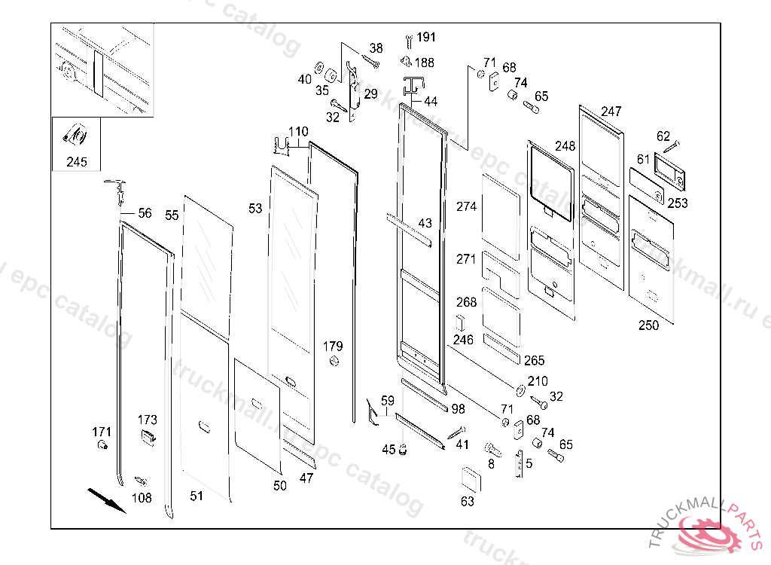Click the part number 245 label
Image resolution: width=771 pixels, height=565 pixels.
coord(76,162)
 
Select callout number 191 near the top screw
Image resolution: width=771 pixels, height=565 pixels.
coord(426,37)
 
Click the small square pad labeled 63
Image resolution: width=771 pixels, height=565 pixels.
coord(470,478)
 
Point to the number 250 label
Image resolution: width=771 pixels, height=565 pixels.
coord(648,325)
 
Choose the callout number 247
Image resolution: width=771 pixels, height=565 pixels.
coord(611,111)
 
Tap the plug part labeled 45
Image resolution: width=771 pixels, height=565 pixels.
coord(403,450)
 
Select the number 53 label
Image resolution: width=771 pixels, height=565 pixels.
coord(255,208)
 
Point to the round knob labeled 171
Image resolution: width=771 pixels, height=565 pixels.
coord(100,447)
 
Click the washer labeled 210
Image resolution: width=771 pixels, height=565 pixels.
coord(520,389)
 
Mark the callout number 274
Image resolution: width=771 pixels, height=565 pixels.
coord(467,206)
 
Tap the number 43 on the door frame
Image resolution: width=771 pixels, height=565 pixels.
coord(425,224)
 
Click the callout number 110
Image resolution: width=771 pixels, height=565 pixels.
coord(298,132)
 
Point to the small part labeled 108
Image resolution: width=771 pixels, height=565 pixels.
coord(139,480)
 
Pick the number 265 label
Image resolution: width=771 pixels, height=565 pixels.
coord(534,361)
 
